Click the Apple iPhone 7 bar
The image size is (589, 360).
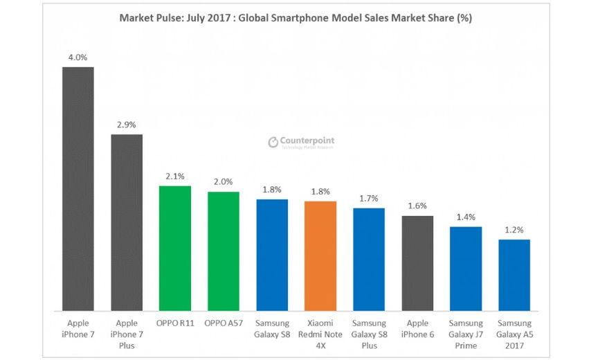tap(78, 188)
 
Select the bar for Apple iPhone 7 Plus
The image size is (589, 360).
tap(127, 222)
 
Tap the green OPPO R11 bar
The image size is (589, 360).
tap(175, 248)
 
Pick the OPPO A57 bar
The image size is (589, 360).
tap(224, 251)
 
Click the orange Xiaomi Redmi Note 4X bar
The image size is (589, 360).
tap(320, 255)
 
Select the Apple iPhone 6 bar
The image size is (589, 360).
tap(417, 263)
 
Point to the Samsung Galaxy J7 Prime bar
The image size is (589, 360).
tap(466, 269)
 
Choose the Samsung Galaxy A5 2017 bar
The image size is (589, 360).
tap(514, 275)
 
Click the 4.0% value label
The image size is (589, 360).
tap(78, 58)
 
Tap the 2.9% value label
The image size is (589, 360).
tap(127, 125)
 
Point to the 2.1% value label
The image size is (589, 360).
tap(175, 177)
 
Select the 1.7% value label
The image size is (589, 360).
tap(369, 199)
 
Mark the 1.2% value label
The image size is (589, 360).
tap(514, 230)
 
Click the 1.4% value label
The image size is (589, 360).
tap(466, 217)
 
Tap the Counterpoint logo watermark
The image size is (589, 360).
tap(301, 142)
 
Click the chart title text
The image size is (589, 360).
tap(296, 19)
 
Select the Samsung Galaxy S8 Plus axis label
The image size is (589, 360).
tap(369, 334)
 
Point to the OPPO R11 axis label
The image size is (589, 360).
tap(175, 323)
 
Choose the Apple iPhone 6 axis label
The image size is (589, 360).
tap(417, 329)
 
